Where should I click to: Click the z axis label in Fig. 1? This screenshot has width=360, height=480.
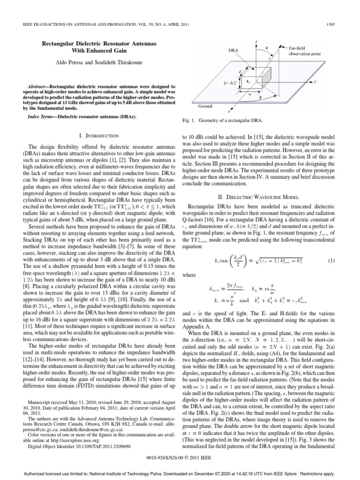256,41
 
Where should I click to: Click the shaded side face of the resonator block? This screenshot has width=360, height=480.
272,75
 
